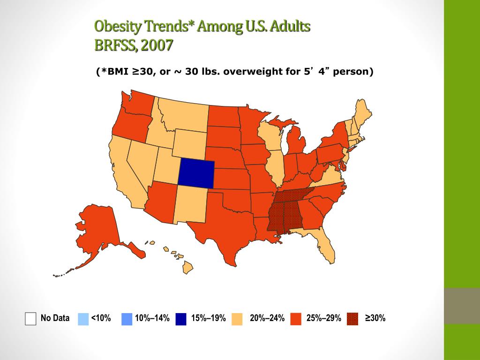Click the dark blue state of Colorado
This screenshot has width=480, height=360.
click(x=196, y=172)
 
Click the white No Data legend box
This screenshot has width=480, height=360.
click(x=30, y=319)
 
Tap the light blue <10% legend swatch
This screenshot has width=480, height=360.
click(x=82, y=319)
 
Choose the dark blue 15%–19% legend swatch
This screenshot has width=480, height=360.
click(x=181, y=319)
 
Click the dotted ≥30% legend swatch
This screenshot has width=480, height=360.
click(x=353, y=319)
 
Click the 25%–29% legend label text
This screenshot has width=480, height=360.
click(x=324, y=319)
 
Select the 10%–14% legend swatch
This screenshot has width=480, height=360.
click(x=127, y=319)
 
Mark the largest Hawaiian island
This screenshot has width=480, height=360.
click(x=187, y=268)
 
